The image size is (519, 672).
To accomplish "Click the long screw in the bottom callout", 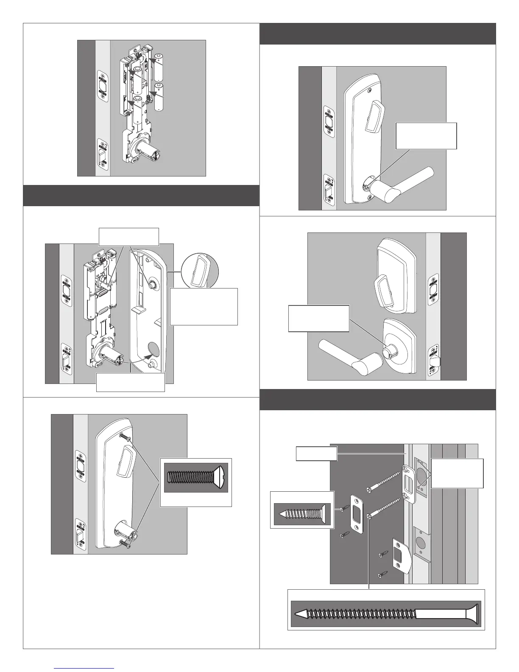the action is pyautogui.click(x=386, y=614).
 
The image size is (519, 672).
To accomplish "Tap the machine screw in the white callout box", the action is pyautogui.click(x=195, y=477).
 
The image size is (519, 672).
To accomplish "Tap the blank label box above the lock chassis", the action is pyautogui.click(x=128, y=237).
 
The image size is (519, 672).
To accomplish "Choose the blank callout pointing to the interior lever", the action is pyautogui.click(x=426, y=136).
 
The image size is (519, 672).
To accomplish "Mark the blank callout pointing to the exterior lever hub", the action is pyautogui.click(x=318, y=318).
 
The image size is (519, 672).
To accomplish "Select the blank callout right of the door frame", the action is pyautogui.click(x=457, y=473).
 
